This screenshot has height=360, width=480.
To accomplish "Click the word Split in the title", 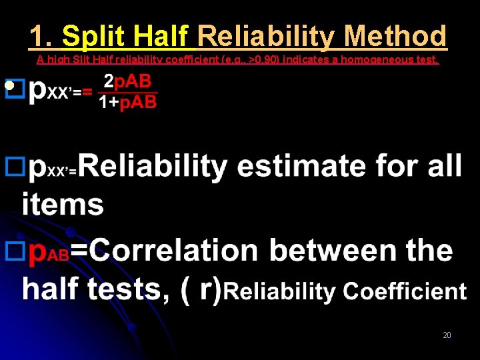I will (x=95, y=36).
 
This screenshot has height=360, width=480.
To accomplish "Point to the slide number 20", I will (x=447, y=335).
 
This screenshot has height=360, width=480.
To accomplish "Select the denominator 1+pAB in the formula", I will (x=127, y=102).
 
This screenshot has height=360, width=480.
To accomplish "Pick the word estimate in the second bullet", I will (x=301, y=166).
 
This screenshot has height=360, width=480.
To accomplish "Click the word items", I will (x=63, y=204).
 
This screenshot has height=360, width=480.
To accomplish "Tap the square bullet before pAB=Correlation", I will (x=13, y=251).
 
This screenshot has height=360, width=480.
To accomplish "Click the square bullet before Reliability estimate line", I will (x=13, y=166).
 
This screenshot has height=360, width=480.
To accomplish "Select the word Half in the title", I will (x=161, y=36).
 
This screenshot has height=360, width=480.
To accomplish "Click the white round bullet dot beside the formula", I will (x=9, y=86).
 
